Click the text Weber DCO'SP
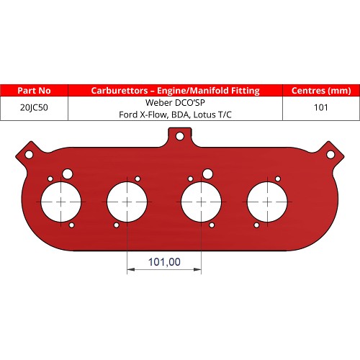point(176,102)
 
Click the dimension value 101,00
point(164,261)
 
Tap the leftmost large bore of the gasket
point(62,202)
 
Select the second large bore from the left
point(127,202)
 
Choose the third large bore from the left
point(202,202)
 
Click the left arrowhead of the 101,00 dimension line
point(130,271)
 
